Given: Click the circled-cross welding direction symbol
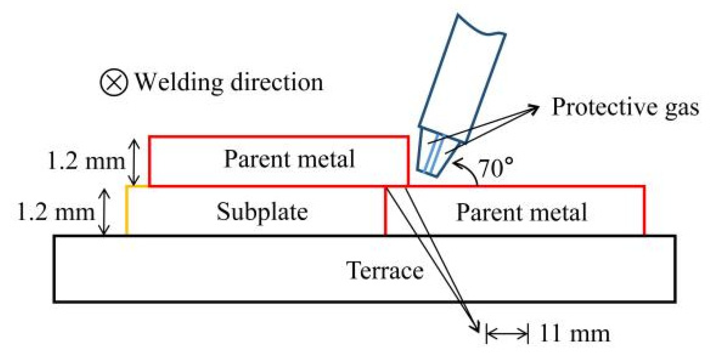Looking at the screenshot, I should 114,82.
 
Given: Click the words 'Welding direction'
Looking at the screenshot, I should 229,82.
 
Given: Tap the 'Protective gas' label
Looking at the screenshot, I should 625,107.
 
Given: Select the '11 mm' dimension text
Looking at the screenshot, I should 574,333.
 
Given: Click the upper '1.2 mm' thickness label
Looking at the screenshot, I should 86,160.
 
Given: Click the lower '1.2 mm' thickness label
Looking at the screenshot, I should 55,212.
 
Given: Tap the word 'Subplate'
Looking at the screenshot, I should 262,212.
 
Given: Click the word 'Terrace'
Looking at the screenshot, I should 385,270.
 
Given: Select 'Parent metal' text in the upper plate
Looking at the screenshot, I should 289,159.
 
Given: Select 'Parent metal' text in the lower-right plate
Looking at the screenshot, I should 521,212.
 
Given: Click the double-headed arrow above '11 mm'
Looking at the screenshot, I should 507,333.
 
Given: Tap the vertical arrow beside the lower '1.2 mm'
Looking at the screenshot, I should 104,212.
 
